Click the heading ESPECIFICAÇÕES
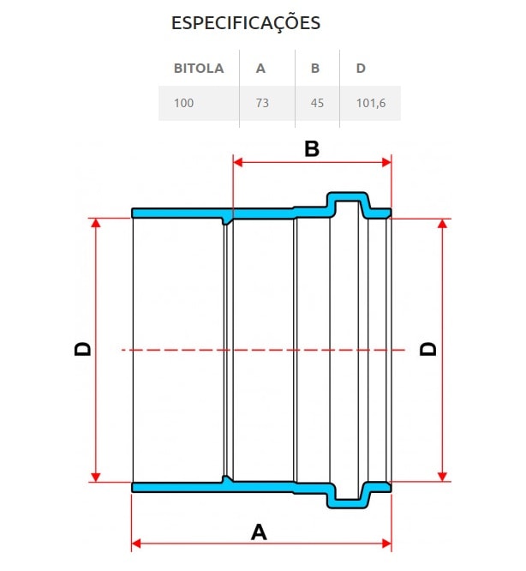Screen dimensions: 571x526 [x=246, y=23]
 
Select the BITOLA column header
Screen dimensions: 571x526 [x=199, y=69]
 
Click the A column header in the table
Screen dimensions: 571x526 [x=260, y=69]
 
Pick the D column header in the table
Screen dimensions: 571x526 [x=360, y=69]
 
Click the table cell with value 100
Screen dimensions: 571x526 [x=183, y=103]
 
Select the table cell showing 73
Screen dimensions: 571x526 [x=262, y=103]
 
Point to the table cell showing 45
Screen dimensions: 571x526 [x=317, y=103]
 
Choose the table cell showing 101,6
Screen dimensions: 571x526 [x=369, y=103]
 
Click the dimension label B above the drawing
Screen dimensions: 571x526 [x=312, y=149]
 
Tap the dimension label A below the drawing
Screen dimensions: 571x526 [x=259, y=532]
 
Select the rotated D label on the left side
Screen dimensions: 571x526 [x=82, y=349]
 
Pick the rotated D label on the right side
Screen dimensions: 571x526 [x=427, y=349]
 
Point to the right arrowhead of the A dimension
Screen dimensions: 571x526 [x=386, y=543]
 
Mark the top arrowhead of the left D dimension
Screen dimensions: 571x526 [x=96, y=223]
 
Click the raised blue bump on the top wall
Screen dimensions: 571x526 [x=349, y=202]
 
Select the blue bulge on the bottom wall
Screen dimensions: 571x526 [x=349, y=496]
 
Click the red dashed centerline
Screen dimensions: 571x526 [x=257, y=349]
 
